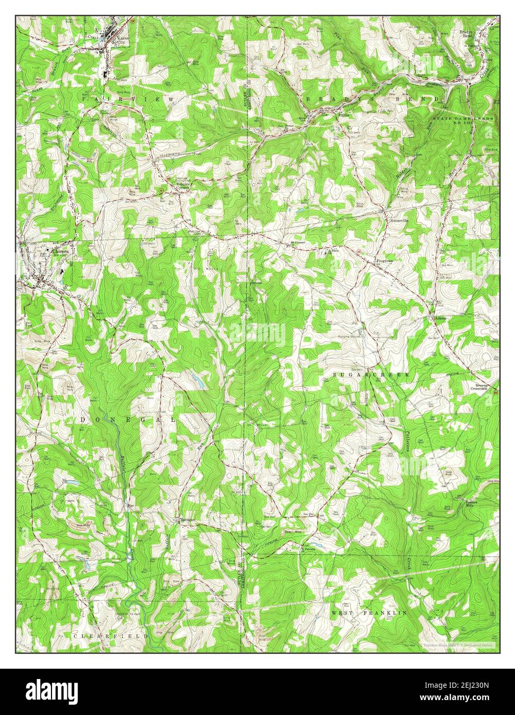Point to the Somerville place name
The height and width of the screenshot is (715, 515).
pos(398,220)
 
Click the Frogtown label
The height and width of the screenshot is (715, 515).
pos(385,261)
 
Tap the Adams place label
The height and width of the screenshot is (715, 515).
pos(439,318)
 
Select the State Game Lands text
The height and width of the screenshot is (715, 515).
pos(462,121)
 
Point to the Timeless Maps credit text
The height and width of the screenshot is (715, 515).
pos(458,645)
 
